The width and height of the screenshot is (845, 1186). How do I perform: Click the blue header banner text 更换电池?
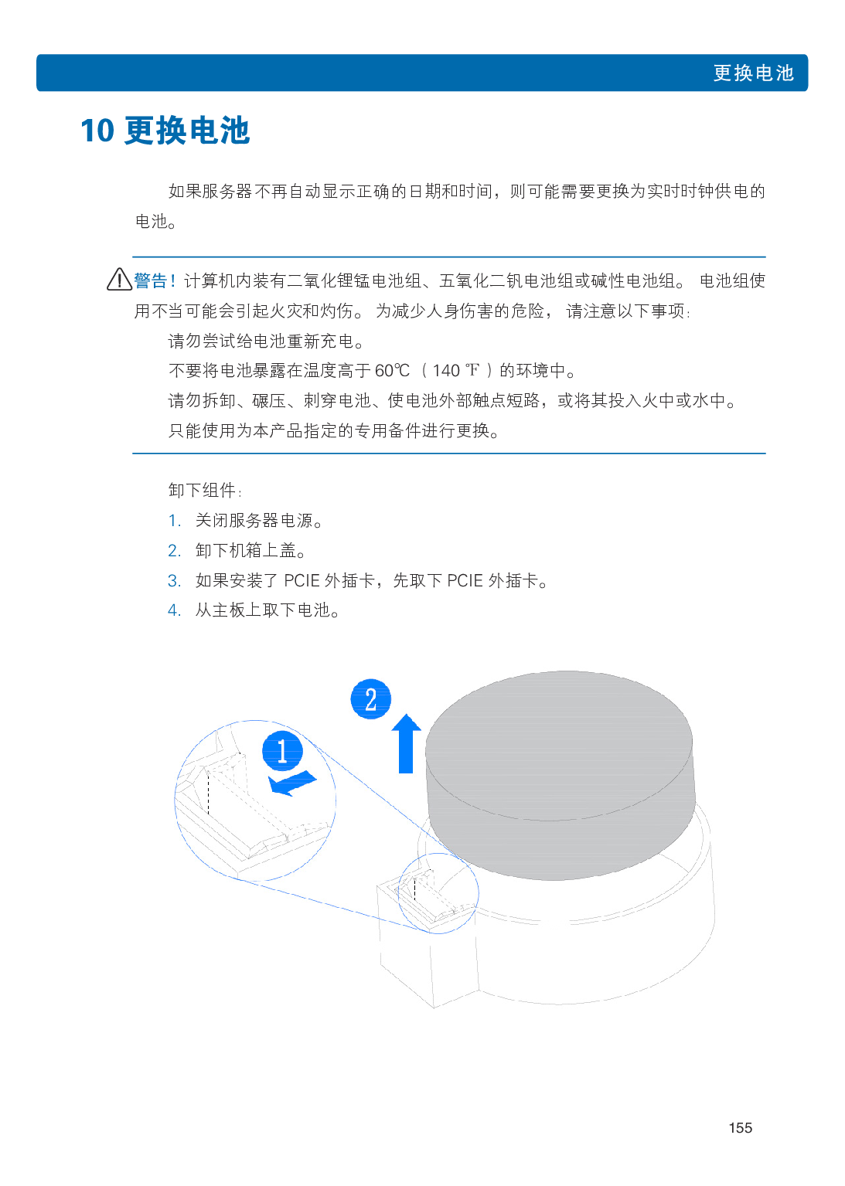753,73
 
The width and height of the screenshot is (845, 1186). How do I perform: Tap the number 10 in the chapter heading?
97,131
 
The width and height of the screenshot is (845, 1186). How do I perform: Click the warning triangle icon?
119,279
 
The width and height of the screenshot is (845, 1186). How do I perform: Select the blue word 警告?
151,280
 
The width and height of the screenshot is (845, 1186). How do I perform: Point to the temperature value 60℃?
392,371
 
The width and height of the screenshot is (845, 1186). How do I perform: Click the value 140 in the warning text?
445,371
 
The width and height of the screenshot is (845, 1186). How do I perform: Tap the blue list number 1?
174,521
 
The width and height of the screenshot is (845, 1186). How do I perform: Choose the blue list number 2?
174,551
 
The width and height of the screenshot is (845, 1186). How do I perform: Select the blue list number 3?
174,581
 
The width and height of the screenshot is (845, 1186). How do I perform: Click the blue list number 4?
174,610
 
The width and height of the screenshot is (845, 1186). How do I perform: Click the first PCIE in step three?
302,581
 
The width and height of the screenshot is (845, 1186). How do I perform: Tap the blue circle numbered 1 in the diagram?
282,751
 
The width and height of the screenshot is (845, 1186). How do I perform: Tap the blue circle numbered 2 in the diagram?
371,699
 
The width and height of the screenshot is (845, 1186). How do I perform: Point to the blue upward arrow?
406,743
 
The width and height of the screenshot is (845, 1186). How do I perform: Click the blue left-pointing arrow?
292,783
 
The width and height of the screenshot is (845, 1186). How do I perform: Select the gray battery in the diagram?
560,776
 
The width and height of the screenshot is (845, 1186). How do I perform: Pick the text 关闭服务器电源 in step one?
254,521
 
